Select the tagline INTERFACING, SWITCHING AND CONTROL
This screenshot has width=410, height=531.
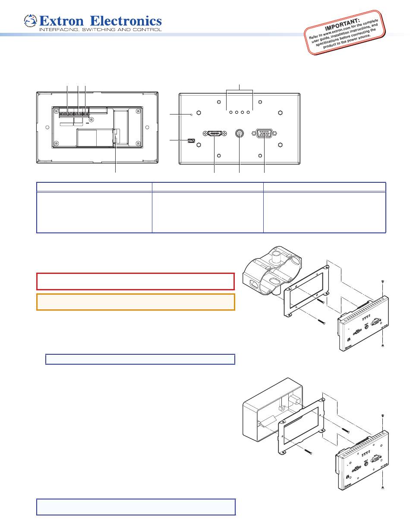click(101, 30)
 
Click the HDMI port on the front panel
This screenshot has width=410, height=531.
click(214, 134)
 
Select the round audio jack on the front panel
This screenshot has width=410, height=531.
click(239, 134)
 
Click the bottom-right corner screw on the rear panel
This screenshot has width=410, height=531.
click(138, 143)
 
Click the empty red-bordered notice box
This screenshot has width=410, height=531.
click(136, 281)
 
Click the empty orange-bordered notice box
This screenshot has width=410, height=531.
click(136, 302)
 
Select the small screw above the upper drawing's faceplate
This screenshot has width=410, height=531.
click(383, 282)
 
